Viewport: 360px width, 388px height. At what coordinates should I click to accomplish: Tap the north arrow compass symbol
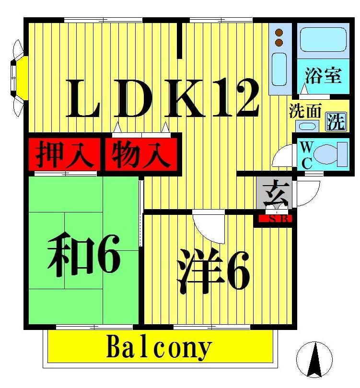pyautogui.click(x=314, y=359)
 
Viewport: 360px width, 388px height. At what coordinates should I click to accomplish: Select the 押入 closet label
pyautogui.click(x=64, y=153)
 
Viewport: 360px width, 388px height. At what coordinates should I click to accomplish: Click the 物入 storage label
pyautogui.click(x=141, y=153)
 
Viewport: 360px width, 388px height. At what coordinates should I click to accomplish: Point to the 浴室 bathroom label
pyautogui.click(x=323, y=75)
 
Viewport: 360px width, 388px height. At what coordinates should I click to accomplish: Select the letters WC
pyautogui.click(x=307, y=154)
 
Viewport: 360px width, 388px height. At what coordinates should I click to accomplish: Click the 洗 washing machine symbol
pyautogui.click(x=336, y=121)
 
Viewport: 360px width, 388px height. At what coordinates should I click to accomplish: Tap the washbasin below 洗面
pyautogui.click(x=307, y=127)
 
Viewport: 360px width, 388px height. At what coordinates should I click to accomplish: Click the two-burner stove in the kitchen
pyautogui.click(x=279, y=38)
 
